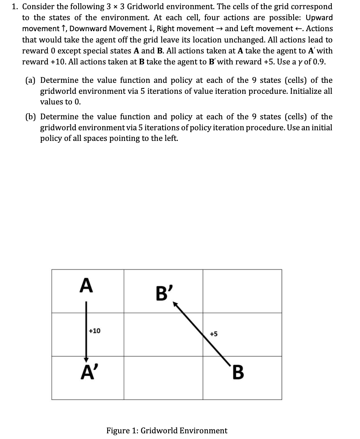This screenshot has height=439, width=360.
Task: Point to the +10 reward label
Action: click(94, 331)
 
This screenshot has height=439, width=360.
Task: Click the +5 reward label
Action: click(214, 334)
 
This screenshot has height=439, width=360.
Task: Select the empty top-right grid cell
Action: click(242, 291)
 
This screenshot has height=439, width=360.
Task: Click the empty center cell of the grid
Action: click(163, 335)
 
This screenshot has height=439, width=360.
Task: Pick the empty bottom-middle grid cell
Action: click(163, 378)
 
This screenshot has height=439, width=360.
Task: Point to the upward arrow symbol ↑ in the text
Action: click(64, 29)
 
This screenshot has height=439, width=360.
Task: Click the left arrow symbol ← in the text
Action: click(299, 29)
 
